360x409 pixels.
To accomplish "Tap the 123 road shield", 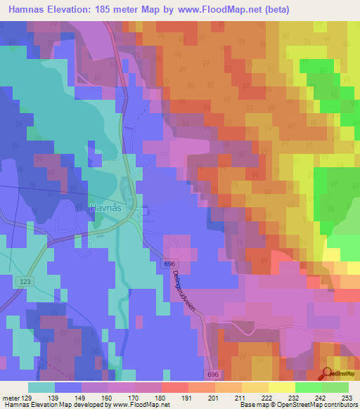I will tap(26, 280).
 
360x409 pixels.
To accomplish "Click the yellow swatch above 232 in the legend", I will tap(282, 387).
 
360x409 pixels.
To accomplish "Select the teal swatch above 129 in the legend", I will tap(41, 387).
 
